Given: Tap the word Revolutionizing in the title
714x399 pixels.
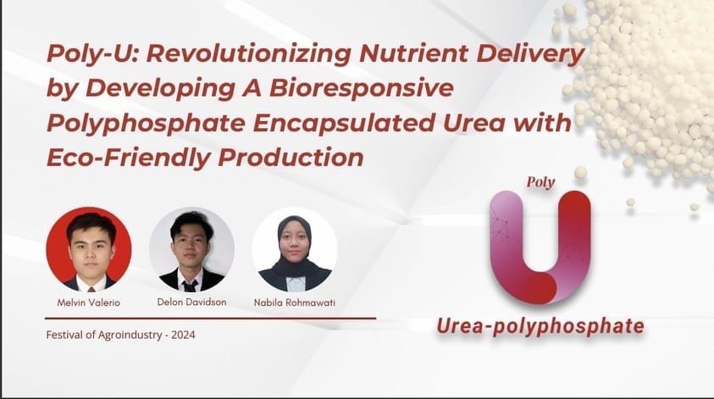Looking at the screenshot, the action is coord(248,53).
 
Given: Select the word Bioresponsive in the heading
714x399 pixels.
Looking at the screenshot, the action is coord(362,88).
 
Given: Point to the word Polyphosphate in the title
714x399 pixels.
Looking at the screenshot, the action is coord(146,124).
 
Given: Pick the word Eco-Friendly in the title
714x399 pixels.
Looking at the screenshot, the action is coord(129,158).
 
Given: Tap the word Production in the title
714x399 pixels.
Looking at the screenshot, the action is coord(291,157).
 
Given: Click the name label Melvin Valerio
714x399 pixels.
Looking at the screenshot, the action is coord(89,302).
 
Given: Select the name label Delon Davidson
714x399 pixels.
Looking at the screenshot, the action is coord(191,302).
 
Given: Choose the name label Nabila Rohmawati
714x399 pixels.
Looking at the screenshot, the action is coord(295,302).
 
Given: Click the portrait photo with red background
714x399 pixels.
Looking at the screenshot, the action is coord(89,249).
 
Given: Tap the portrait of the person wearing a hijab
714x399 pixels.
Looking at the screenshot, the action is coord(295,250).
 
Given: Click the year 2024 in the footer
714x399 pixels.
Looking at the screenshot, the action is coord(183,335).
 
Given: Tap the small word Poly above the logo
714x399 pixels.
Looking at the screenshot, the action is coord(540,182).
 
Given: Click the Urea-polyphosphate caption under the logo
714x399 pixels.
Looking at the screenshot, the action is coord(540,327).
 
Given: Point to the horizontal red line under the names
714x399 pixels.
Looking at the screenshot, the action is coord(210,319).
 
